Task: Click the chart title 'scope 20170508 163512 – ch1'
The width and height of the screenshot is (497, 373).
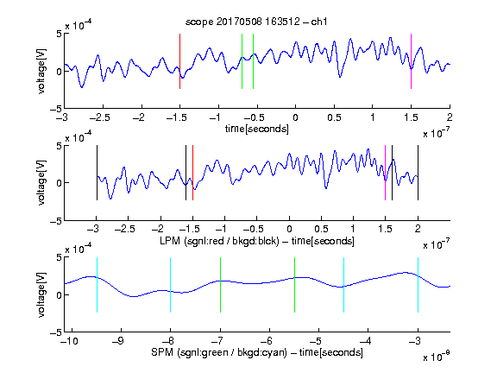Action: pos(256,22)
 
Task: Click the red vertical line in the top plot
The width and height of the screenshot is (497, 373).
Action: pos(179,61)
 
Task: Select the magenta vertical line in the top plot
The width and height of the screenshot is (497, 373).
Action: pos(411,61)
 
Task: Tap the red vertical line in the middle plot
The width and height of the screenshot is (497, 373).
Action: pos(192,173)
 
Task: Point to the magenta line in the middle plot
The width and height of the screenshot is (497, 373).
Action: pos(385,173)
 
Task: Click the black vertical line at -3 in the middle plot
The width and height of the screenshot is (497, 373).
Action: pos(97,173)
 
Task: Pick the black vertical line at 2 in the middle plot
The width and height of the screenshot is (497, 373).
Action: pos(418,173)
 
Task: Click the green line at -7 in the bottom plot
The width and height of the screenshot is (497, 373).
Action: pos(220,285)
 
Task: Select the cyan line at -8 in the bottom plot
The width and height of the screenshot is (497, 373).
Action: pos(170,285)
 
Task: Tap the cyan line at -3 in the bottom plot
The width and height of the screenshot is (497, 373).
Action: pos(418,285)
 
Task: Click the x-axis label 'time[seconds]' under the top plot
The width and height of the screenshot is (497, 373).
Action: pos(257,130)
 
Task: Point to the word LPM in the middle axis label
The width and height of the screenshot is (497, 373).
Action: pos(170,241)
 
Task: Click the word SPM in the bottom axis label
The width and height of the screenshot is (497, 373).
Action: pos(162,352)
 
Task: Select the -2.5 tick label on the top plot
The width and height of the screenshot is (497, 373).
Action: pos(99,117)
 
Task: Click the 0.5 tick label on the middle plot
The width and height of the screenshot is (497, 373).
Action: pos(321,229)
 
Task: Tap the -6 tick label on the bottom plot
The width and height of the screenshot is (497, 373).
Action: pos(268,341)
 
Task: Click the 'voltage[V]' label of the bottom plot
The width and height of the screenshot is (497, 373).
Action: pos(41,294)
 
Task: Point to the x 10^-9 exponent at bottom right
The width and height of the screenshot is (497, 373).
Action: pos(436,357)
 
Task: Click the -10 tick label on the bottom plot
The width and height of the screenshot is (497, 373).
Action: pos(69,341)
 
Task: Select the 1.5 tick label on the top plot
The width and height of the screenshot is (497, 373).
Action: pos(411,117)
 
